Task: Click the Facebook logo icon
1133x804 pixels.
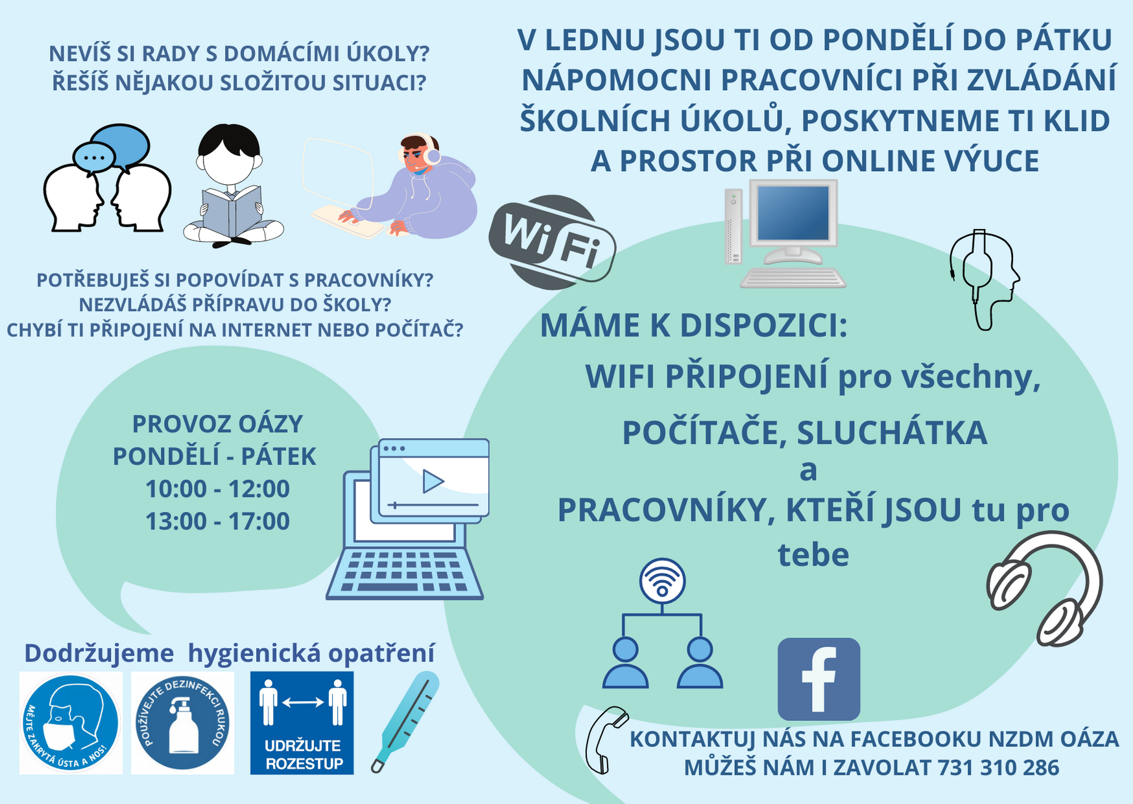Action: pyautogui.click(x=818, y=679)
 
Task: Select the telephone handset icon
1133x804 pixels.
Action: pyautogui.click(x=606, y=740)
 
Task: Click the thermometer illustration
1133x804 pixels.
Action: pyautogui.click(x=406, y=721)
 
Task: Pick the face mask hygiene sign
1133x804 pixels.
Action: pyautogui.click(x=71, y=723)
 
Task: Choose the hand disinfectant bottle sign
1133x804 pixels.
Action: pyautogui.click(x=182, y=723)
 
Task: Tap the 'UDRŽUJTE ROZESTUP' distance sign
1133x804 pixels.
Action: pyautogui.click(x=302, y=723)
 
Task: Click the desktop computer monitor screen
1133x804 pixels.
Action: pyautogui.click(x=793, y=213)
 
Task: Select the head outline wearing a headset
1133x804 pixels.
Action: pyautogui.click(x=983, y=279)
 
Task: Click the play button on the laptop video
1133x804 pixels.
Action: pyautogui.click(x=433, y=481)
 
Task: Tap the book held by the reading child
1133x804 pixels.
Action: pyautogui.click(x=231, y=211)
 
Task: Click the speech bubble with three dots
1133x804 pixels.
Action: pyautogui.click(x=94, y=157)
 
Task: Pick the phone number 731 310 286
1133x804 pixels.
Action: pyautogui.click(x=999, y=768)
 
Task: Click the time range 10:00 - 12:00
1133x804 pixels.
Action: pyautogui.click(x=217, y=489)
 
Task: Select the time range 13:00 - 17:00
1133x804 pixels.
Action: pyautogui.click(x=217, y=521)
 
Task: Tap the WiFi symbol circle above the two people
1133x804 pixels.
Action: pyautogui.click(x=662, y=581)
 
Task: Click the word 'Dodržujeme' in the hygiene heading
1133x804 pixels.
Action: pyautogui.click(x=99, y=654)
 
